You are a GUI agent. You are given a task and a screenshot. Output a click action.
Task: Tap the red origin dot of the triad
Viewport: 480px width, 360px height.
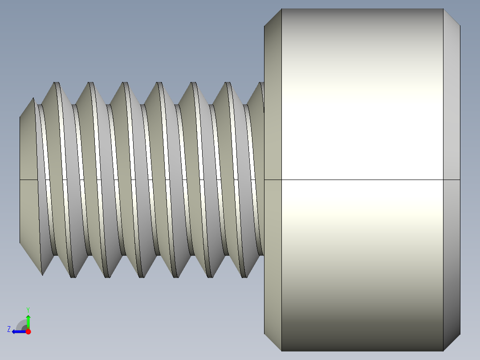(28, 331)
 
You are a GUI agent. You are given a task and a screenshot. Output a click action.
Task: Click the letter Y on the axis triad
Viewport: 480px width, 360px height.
(28, 309)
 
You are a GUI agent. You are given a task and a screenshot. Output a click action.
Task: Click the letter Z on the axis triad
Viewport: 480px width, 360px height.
(8, 329)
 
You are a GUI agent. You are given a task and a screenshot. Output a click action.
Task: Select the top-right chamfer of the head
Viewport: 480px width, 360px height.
(451, 18)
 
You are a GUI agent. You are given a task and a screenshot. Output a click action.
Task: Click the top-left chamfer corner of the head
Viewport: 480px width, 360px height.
(273, 18)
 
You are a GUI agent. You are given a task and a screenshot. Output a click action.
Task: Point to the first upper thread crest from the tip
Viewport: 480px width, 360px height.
(57, 83)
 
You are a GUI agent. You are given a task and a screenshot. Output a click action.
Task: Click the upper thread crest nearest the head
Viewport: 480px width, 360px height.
(262, 84)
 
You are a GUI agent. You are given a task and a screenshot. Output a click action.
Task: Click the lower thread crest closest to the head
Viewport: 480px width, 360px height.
(244, 276)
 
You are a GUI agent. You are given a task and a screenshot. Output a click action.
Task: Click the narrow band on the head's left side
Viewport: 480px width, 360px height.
(273, 134)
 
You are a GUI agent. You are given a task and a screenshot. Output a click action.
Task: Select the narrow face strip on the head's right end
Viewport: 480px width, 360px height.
(452, 134)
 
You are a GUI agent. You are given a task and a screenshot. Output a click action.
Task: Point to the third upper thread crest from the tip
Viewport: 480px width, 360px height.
(125, 83)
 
